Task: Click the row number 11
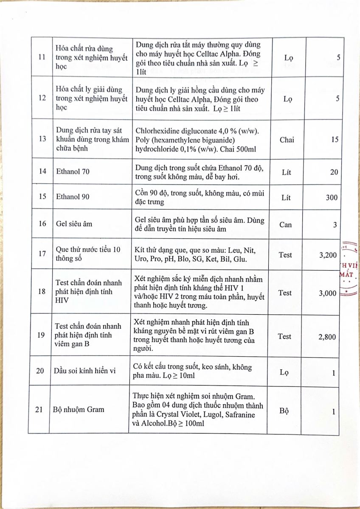pos(41,58)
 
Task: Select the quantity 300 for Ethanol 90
pos(332,198)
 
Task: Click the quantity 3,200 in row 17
pos(327,255)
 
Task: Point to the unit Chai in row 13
pos(287,140)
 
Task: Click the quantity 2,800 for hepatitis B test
pos(327,337)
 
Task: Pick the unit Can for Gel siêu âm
pos(286,224)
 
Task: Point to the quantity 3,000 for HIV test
pos(327,293)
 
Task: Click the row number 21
pos(41,410)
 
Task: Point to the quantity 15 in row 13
pos(335,140)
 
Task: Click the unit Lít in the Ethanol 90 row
pos(287,198)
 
